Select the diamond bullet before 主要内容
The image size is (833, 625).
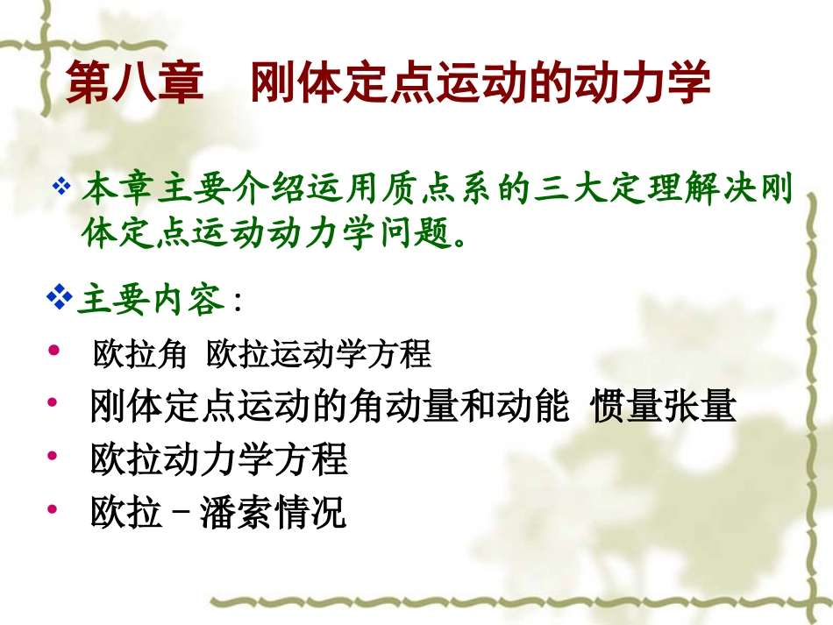pos(60,299)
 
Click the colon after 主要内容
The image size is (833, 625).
pos(239,303)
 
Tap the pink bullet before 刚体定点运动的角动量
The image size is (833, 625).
pos(54,403)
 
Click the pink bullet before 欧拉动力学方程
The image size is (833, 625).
pos(54,456)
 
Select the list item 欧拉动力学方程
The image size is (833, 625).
pos(219,459)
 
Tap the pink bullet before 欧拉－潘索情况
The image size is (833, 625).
pos(54,508)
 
